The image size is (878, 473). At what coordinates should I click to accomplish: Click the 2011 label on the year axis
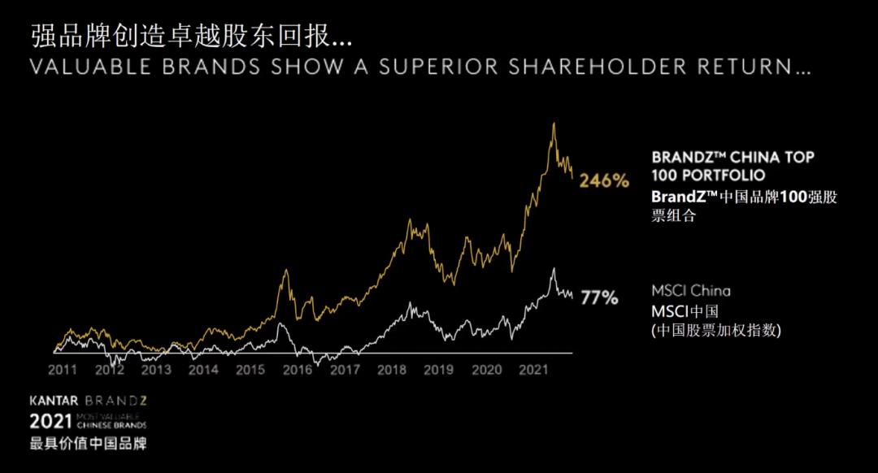[x=63, y=370]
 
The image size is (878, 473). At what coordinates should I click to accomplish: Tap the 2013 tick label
[x=156, y=370]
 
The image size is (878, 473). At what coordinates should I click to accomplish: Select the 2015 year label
[x=250, y=370]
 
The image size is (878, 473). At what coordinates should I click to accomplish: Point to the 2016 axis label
[x=298, y=370]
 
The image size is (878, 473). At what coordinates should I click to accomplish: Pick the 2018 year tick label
[x=392, y=370]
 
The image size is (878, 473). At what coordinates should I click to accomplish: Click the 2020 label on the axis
[x=487, y=370]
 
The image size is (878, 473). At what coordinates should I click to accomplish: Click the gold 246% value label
[x=604, y=181]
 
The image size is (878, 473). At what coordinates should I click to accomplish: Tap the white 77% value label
[x=600, y=298]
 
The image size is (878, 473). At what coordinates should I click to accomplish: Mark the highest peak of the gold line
[x=554, y=124]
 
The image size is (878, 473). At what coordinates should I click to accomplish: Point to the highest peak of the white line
[x=554, y=268]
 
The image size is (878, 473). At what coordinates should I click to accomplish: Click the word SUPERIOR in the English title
[x=436, y=67]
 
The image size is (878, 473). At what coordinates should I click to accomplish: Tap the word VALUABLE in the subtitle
[x=90, y=67]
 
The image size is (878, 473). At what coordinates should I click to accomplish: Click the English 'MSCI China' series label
[x=691, y=291]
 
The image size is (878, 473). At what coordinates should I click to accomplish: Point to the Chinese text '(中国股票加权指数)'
[x=716, y=330]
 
